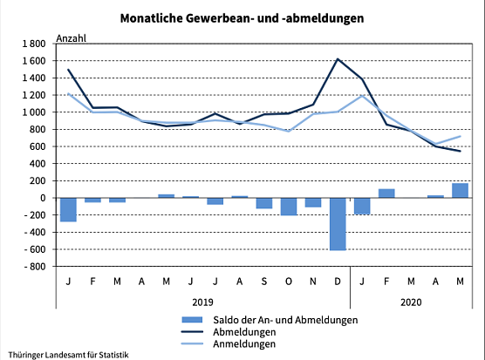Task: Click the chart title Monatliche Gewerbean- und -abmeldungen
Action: pyautogui.click(x=242, y=17)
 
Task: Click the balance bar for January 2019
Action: pyautogui.click(x=68, y=209)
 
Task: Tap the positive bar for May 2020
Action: pyautogui.click(x=460, y=190)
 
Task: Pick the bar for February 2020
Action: pyautogui.click(x=386, y=193)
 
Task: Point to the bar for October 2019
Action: pyautogui.click(x=289, y=207)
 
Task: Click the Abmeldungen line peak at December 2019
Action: pyautogui.click(x=338, y=59)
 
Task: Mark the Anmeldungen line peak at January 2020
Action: pyautogui.click(x=362, y=95)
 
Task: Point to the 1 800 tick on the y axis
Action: pyautogui.click(x=32, y=44)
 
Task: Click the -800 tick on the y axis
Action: pyautogui.click(x=33, y=267)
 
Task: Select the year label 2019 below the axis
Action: pyautogui.click(x=202, y=302)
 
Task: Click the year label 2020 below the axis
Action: pyautogui.click(x=411, y=302)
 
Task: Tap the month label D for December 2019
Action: pyautogui.click(x=338, y=281)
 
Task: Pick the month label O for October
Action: pyautogui.click(x=289, y=281)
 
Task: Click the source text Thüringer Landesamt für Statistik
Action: pyautogui.click(x=67, y=354)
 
